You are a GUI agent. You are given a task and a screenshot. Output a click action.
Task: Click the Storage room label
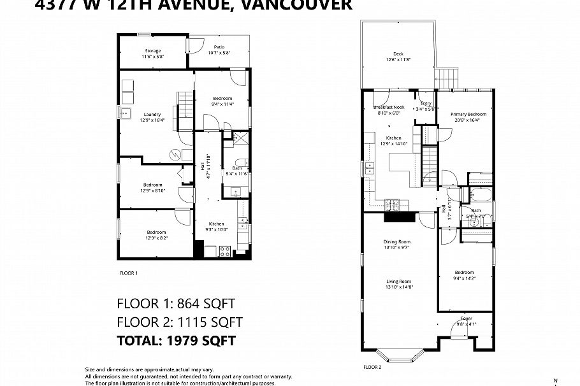tap(152, 51)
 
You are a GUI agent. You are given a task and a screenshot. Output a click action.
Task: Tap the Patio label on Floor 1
tap(219, 46)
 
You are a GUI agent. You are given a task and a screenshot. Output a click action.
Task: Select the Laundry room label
tap(152, 115)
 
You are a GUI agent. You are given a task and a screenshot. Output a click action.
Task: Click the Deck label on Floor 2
tap(398, 54)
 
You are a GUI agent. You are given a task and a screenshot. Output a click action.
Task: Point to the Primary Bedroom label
tap(468, 114)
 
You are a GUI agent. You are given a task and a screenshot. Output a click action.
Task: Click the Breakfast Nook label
tap(389, 107)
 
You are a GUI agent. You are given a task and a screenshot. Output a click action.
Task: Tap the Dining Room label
tap(396, 242)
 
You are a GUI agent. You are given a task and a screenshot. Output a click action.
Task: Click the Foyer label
tap(467, 318)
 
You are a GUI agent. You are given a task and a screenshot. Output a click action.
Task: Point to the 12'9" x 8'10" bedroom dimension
tap(152, 190)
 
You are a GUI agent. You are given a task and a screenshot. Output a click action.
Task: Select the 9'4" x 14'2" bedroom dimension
tap(464, 278)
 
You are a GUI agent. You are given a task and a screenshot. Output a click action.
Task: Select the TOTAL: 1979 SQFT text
tap(177, 341)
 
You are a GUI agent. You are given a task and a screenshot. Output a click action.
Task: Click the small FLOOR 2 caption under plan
tap(372, 368)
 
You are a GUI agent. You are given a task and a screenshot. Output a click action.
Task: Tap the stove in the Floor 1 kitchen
tap(225, 251)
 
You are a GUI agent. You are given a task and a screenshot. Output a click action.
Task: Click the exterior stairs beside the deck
tap(447, 78)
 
